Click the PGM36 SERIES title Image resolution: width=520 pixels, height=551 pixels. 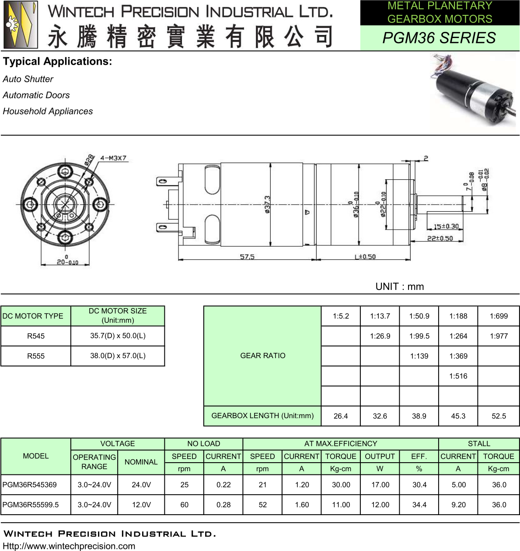point(439,38)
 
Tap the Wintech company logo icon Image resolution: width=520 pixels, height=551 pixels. point(21,24)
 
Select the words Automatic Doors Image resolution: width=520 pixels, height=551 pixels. point(36,95)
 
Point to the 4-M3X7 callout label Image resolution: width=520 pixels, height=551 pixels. point(113,158)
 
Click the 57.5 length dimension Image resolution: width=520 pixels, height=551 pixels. point(247,256)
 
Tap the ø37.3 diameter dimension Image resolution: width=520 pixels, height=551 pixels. point(267,205)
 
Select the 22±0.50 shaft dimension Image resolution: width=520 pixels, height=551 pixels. point(440,238)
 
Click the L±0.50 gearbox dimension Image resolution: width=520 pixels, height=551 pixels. point(365,257)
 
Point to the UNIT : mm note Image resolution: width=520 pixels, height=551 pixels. point(400,286)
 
